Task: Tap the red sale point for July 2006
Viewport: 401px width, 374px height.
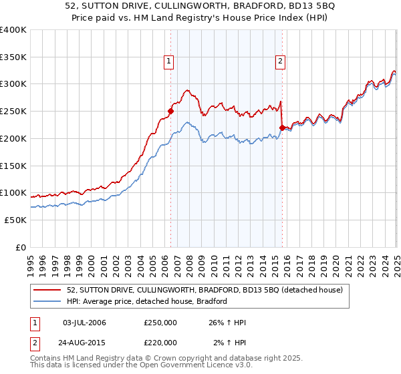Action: click(170, 112)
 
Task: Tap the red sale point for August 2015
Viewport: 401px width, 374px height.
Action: click(282, 127)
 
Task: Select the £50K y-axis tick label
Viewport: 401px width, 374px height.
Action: click(16, 220)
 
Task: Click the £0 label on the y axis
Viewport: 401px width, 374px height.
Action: click(21, 247)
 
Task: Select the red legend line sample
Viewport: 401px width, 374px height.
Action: click(47, 290)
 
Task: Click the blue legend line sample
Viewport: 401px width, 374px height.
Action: click(47, 301)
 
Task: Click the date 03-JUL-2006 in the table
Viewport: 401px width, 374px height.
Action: click(84, 323)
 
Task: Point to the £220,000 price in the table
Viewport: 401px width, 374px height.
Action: click(160, 343)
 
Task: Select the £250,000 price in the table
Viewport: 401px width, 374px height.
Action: click(160, 323)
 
